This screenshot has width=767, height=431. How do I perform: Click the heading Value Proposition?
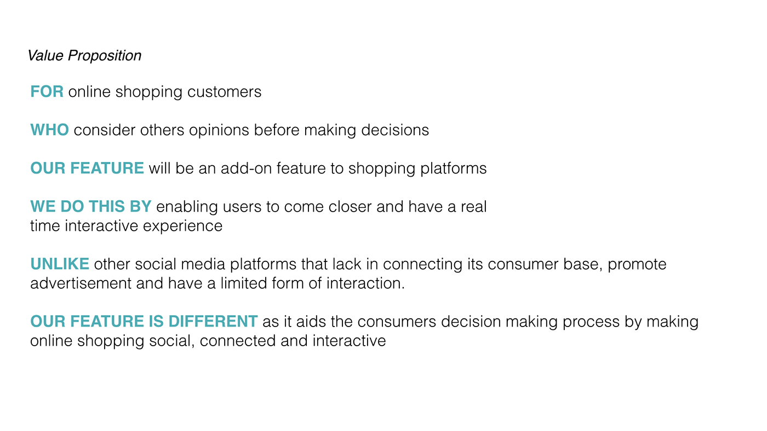coord(84,56)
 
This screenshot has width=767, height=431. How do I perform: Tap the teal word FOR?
coord(47,91)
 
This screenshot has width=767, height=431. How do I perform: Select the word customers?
coord(224,92)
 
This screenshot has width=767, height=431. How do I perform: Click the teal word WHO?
coord(50,130)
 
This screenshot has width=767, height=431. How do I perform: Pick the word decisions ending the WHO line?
coord(395,130)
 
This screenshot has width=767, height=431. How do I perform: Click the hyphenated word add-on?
coord(246,168)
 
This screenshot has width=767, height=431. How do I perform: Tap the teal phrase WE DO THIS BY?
coord(91,206)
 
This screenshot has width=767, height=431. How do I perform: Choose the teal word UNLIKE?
coord(60,264)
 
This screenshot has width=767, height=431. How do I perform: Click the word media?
coord(203,264)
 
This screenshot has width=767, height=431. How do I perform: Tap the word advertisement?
coord(81,283)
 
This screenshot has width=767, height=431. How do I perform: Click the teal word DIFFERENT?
coord(213,321)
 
